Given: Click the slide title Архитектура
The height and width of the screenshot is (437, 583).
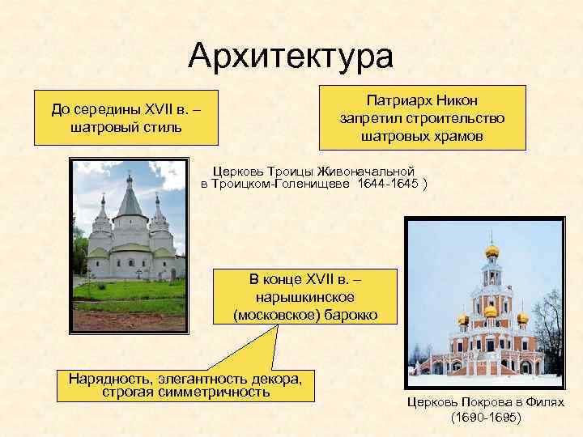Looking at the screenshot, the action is pyautogui.click(x=291, y=55).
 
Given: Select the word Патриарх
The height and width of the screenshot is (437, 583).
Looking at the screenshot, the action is pyautogui.click(x=396, y=101).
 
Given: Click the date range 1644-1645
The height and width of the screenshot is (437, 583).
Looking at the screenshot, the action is pyautogui.click(x=387, y=185).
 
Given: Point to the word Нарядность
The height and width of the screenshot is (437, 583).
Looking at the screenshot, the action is pyautogui.click(x=109, y=378).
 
